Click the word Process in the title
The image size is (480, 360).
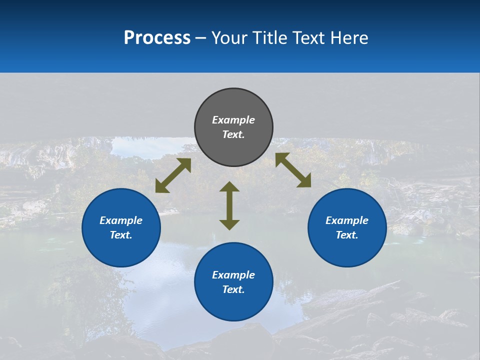(157, 38)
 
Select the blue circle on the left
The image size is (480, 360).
(121, 250)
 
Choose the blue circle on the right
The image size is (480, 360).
(347, 250)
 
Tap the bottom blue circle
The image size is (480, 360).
(233, 305)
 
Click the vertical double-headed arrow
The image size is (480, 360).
(229, 205)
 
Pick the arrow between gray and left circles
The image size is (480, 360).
(173, 175)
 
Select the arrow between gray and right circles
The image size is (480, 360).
(293, 170)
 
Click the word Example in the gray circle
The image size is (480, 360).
(233, 120)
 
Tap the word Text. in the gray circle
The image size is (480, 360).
(233, 134)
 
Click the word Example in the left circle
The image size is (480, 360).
(121, 220)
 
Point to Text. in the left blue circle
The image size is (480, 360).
(121, 235)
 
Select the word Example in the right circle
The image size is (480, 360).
(347, 220)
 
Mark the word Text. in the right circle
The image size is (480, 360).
(347, 235)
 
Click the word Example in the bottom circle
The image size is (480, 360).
(233, 275)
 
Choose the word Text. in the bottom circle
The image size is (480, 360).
(233, 289)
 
